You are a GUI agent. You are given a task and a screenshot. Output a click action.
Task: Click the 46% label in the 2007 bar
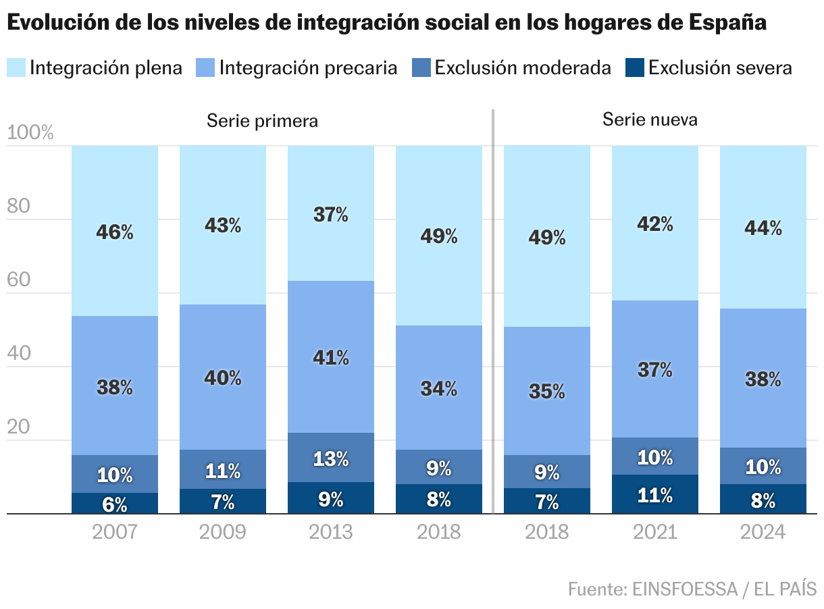(x=115, y=233)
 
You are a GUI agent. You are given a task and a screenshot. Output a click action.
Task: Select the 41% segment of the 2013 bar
(x=331, y=357)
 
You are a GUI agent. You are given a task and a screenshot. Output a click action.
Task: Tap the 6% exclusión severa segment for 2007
(x=115, y=504)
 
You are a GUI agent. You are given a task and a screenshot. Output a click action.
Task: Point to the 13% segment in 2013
(x=331, y=459)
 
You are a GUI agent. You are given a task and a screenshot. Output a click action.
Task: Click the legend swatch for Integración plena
(x=16, y=68)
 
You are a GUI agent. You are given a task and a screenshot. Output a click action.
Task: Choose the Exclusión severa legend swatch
(x=634, y=68)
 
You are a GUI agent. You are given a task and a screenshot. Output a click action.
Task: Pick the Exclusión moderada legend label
(x=523, y=68)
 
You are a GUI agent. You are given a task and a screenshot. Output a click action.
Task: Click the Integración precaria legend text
(x=308, y=68)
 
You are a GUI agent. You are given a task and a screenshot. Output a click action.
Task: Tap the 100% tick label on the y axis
(x=30, y=133)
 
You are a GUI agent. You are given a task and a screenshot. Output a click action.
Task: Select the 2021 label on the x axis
(x=655, y=532)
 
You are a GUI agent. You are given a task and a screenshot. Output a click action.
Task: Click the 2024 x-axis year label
(x=763, y=532)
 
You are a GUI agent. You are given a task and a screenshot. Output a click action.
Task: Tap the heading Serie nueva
(x=650, y=120)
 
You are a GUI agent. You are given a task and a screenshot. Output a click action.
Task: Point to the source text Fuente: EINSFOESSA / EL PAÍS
(x=692, y=589)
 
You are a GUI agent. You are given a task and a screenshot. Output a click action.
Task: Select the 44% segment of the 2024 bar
(x=763, y=228)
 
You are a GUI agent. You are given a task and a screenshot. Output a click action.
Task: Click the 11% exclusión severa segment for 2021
(x=655, y=495)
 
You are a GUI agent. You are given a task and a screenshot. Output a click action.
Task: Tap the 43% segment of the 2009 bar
(x=223, y=225)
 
